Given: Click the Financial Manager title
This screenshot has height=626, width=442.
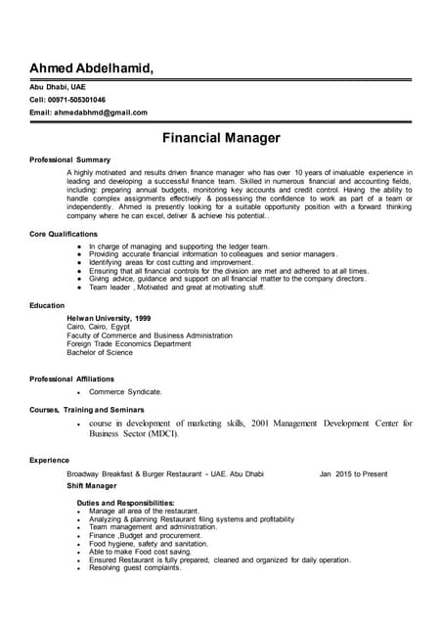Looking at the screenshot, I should click(221, 138).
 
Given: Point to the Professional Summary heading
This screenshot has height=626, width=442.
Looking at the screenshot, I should click(69, 159).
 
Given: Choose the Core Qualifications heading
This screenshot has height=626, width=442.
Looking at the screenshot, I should click(64, 235).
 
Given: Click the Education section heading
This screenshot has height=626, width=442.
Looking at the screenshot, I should click(47, 306).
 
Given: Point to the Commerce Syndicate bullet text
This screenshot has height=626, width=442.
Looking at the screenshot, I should click(125, 391).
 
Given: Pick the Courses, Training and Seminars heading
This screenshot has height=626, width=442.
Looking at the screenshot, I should click(87, 409).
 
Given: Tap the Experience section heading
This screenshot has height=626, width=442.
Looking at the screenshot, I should click(49, 460).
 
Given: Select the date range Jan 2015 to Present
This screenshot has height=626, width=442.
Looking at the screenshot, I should click(353, 473).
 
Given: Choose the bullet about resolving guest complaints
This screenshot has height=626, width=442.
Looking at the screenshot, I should click(135, 567).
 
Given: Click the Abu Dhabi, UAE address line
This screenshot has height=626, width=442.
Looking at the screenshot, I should click(58, 86).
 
